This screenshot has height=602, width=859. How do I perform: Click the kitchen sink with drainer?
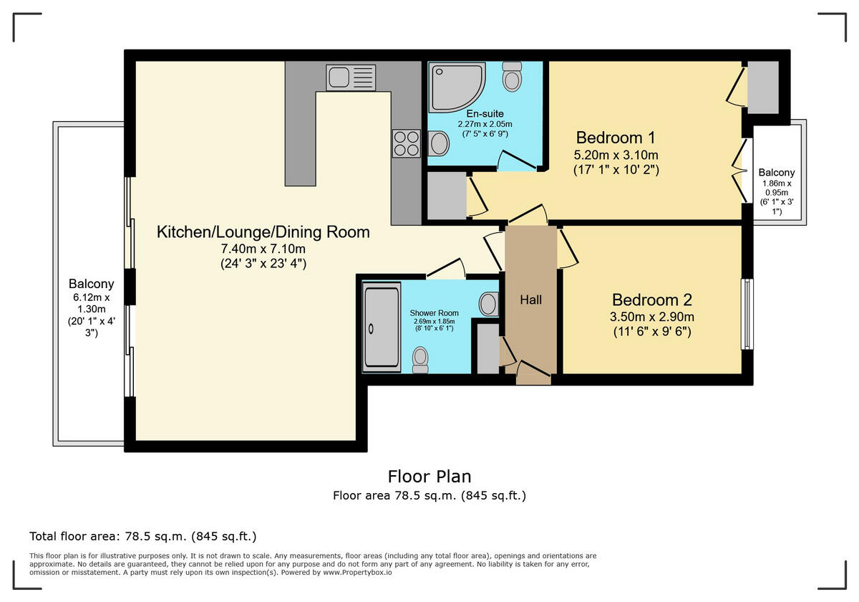(351, 77)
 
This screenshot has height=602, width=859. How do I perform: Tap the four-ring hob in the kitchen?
(406, 143)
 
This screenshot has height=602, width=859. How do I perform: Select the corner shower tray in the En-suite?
(457, 88)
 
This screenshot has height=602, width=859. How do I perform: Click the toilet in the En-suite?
(512, 77)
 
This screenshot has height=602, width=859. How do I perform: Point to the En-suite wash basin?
(439, 143)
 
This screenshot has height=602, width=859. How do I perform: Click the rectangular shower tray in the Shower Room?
(382, 328)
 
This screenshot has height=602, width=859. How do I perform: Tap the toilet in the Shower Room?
(420, 360)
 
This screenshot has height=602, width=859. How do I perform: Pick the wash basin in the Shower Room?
(488, 304)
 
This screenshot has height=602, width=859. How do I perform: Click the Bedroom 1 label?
(616, 138)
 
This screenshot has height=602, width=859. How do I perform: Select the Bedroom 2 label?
(652, 300)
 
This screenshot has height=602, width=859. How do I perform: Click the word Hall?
(530, 300)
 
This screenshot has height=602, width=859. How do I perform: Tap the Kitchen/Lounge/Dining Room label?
(263, 232)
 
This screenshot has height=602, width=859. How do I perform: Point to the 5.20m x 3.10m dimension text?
(616, 155)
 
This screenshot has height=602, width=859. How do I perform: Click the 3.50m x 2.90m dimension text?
(652, 317)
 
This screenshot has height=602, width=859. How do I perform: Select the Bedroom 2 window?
(747, 314)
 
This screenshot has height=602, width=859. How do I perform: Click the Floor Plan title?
(429, 477)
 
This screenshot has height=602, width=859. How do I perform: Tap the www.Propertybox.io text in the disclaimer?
(357, 573)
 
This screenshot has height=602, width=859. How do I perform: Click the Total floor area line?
(143, 536)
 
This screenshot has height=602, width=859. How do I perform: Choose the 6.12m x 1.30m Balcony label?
(92, 308)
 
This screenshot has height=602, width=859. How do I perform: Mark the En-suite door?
(517, 161)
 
